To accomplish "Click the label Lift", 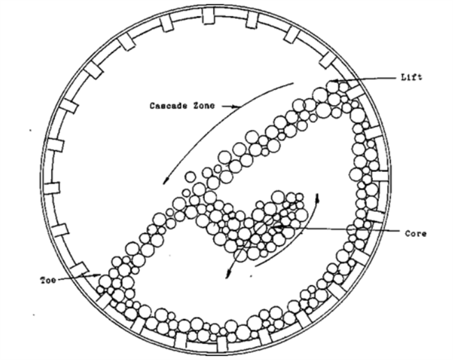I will click(x=412, y=77).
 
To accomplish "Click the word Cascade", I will click(x=167, y=106).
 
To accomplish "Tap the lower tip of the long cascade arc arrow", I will click(x=162, y=183).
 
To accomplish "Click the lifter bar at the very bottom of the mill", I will click(x=222, y=344).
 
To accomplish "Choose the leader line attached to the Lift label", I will click(x=366, y=79).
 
